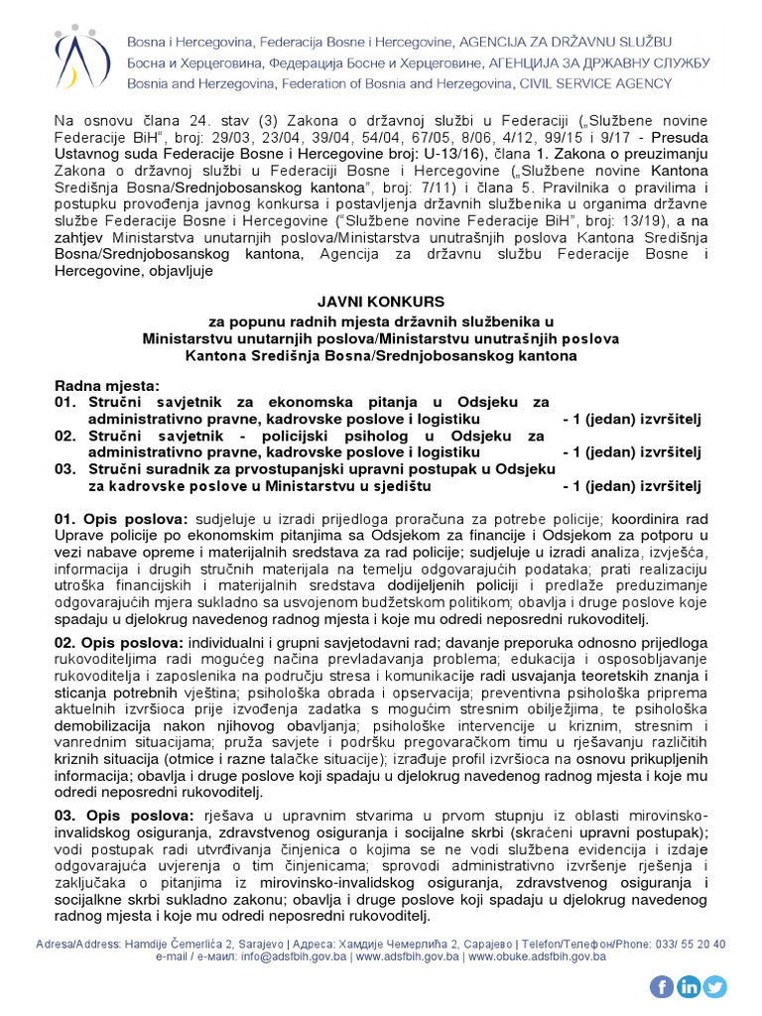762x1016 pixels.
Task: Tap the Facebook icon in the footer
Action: (663, 986)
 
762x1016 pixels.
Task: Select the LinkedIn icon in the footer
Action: (689, 986)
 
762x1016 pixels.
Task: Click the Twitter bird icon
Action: (714, 986)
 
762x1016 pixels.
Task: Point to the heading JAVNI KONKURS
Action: (380, 301)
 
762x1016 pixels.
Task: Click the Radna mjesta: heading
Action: (107, 385)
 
